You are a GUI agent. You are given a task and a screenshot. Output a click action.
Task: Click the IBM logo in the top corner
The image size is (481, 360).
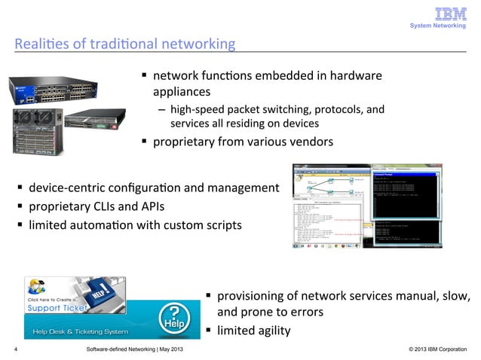(x=451, y=14)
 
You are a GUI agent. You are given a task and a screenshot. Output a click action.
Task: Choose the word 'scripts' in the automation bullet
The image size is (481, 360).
(x=219, y=224)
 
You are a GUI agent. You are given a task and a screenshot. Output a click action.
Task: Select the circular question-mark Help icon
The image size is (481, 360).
(x=175, y=317)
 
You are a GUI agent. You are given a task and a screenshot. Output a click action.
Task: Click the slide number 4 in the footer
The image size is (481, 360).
(x=17, y=351)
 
